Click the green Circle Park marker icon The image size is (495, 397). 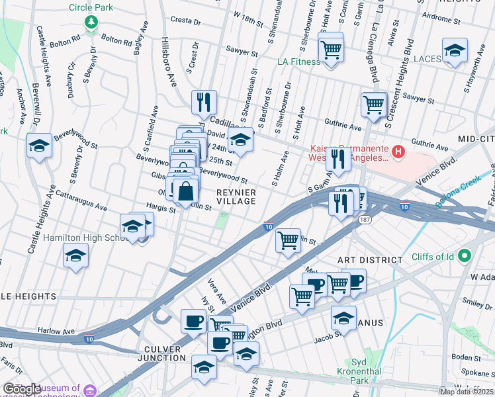pos(91,22)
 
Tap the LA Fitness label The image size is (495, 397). pos(298,62)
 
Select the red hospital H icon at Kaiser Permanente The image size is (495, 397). pos(398,152)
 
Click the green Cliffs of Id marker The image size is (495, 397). pos(465,255)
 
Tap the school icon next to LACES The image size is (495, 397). pos(454,51)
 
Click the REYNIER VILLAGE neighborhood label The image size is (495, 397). pos(236,197)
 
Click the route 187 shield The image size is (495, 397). pos(363,218)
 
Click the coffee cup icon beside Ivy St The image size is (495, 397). pos(193,321)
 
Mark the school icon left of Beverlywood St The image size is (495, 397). pos(40,146)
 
